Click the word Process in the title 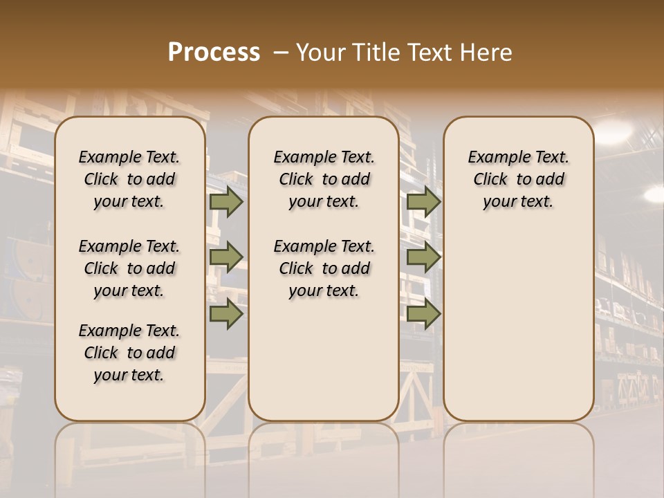[214, 53]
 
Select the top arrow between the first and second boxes [226, 202]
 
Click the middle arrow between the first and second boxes [226, 257]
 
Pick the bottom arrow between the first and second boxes [226, 313]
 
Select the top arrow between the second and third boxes [424, 202]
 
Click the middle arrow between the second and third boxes [424, 257]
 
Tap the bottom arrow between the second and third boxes [424, 313]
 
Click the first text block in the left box [129, 179]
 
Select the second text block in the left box [129, 268]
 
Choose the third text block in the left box [129, 353]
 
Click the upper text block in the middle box [324, 179]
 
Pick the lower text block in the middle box [324, 268]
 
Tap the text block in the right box [518, 179]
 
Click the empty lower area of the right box [518, 325]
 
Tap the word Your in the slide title [319, 53]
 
